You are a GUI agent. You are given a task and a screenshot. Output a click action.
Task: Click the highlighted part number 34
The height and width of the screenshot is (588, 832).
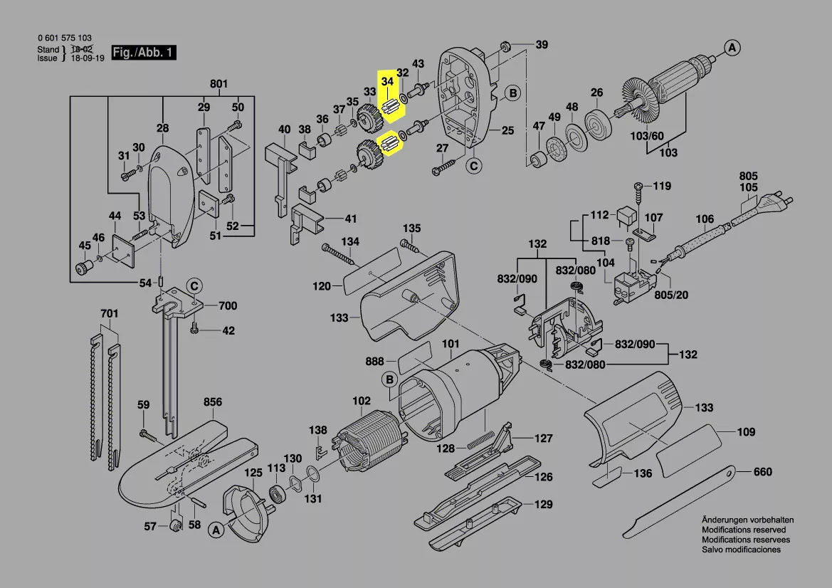(387, 82)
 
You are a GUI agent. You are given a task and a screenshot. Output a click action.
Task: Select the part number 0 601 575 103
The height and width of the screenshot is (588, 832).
(64, 38)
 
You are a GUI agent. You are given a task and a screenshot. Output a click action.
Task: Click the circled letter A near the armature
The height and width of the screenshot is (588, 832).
(732, 48)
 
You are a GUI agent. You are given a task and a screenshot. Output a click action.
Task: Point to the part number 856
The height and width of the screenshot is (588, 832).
(213, 402)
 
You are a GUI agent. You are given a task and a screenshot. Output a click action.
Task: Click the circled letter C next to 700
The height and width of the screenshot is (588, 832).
(194, 286)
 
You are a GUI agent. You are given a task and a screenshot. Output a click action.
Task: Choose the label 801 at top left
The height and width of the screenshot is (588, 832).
(218, 85)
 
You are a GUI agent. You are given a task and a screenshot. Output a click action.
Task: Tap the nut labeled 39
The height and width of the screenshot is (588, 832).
(505, 47)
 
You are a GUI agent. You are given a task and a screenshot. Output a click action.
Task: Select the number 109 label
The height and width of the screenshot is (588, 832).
(746, 432)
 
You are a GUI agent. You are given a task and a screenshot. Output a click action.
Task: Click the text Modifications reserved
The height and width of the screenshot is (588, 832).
(744, 530)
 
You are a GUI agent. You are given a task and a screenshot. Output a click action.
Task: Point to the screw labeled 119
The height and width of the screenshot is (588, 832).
(639, 188)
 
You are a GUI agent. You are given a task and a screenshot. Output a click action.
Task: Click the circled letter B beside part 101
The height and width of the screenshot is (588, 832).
(390, 380)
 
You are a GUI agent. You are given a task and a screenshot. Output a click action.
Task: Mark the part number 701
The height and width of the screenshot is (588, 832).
(109, 313)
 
